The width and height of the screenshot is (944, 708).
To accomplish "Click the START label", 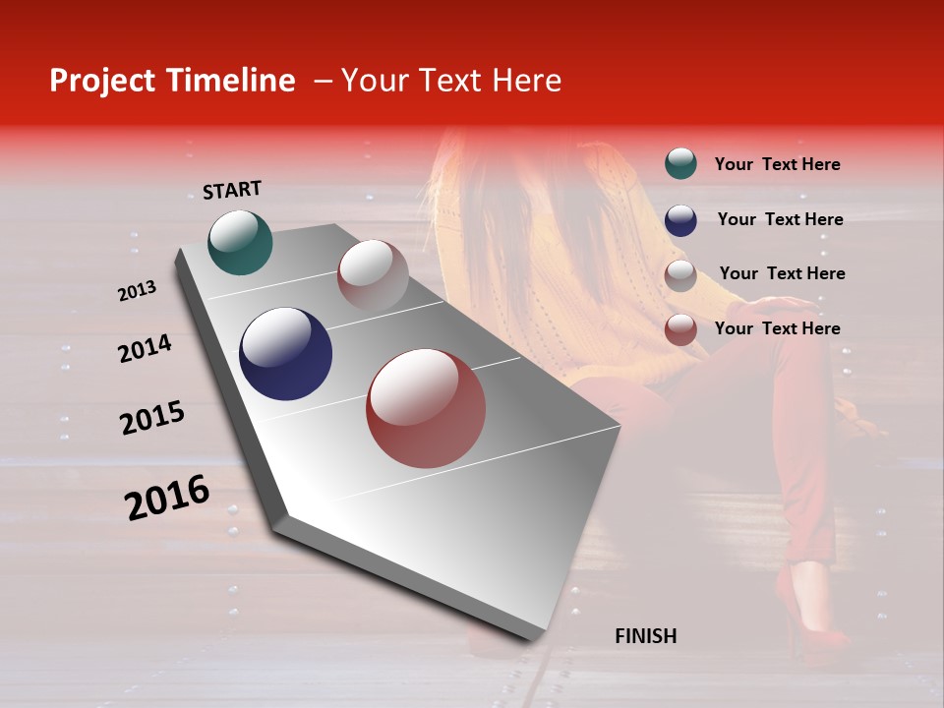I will pyautogui.click(x=232, y=190).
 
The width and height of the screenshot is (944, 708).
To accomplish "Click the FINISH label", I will pyautogui.click(x=645, y=636).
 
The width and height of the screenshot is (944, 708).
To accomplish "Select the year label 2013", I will pyautogui.click(x=137, y=291).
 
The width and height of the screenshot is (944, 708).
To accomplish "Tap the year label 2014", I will pyautogui.click(x=145, y=349).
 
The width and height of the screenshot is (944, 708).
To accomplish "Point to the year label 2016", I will pyautogui.click(x=167, y=498).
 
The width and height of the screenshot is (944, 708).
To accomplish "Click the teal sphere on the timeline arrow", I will pyautogui.click(x=240, y=242).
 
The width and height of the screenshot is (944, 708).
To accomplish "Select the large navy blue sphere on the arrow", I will pyautogui.click(x=285, y=354).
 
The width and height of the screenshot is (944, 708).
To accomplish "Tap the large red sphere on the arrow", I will pyautogui.click(x=426, y=408).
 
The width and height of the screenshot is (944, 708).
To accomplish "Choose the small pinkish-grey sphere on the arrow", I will pyautogui.click(x=373, y=275).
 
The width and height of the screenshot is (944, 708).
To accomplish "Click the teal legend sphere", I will pyautogui.click(x=680, y=163).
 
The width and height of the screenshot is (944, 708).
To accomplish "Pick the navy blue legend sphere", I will pyautogui.click(x=680, y=220).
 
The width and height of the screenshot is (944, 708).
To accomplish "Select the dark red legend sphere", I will pyautogui.click(x=680, y=329).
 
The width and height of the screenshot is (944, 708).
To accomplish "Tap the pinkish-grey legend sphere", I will pyautogui.click(x=680, y=275).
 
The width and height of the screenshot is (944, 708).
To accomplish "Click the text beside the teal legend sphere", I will pyautogui.click(x=777, y=164).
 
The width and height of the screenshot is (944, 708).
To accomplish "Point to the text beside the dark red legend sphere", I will pyautogui.click(x=777, y=328).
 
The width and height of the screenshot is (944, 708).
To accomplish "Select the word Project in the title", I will pyautogui.click(x=101, y=81).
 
